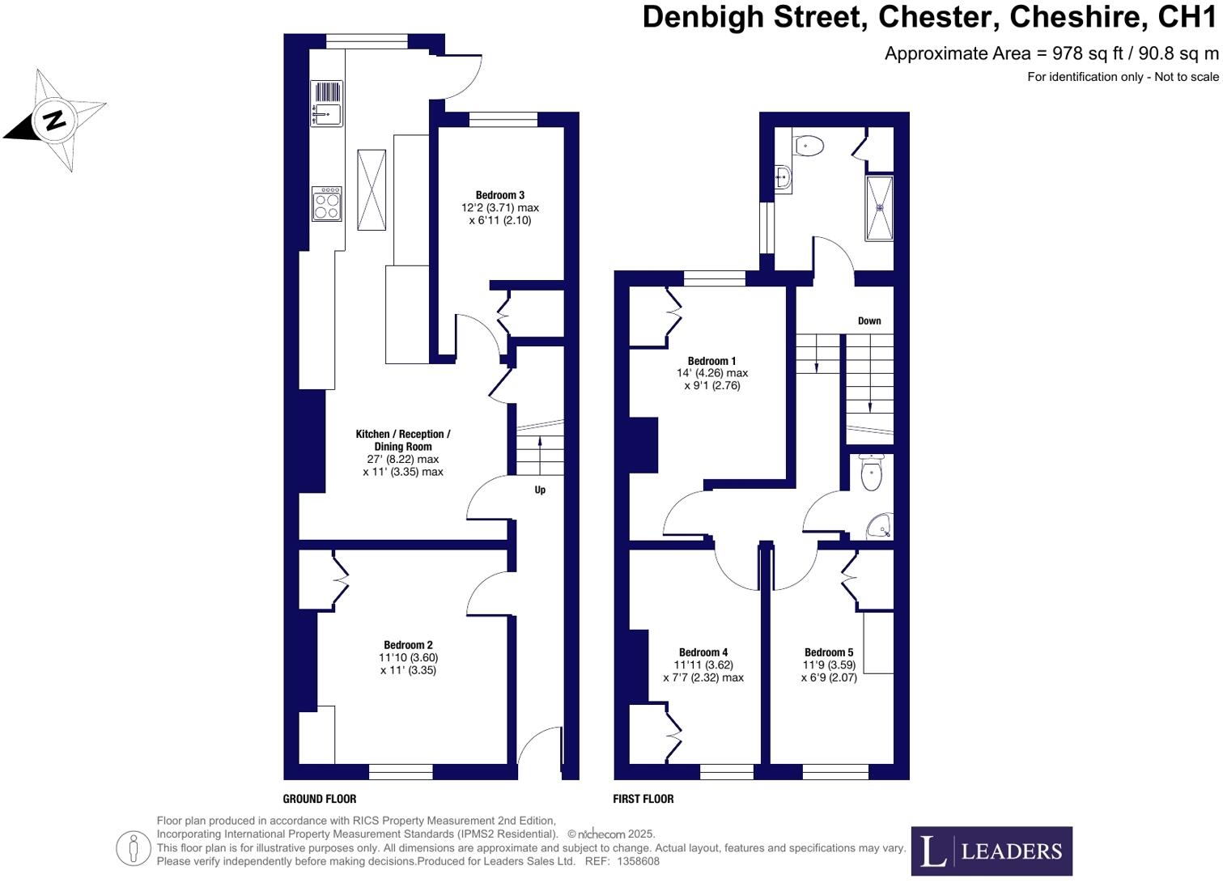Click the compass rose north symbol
click(54, 121)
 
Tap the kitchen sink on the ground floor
click(327, 104)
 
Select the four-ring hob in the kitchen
click(327, 203)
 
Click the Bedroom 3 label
click(499, 195)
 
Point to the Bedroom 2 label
click(408, 645)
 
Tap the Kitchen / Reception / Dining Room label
click(402, 440)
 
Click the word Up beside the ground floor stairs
click(540, 490)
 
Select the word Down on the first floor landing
click(869, 321)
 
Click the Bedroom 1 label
click(711, 361)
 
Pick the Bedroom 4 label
click(703, 652)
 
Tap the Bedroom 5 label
click(828, 652)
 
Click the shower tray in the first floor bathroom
click(879, 208)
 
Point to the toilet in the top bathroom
click(809, 146)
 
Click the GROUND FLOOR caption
click(320, 799)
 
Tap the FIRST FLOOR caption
click(643, 799)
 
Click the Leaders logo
click(992, 851)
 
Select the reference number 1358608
click(638, 861)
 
